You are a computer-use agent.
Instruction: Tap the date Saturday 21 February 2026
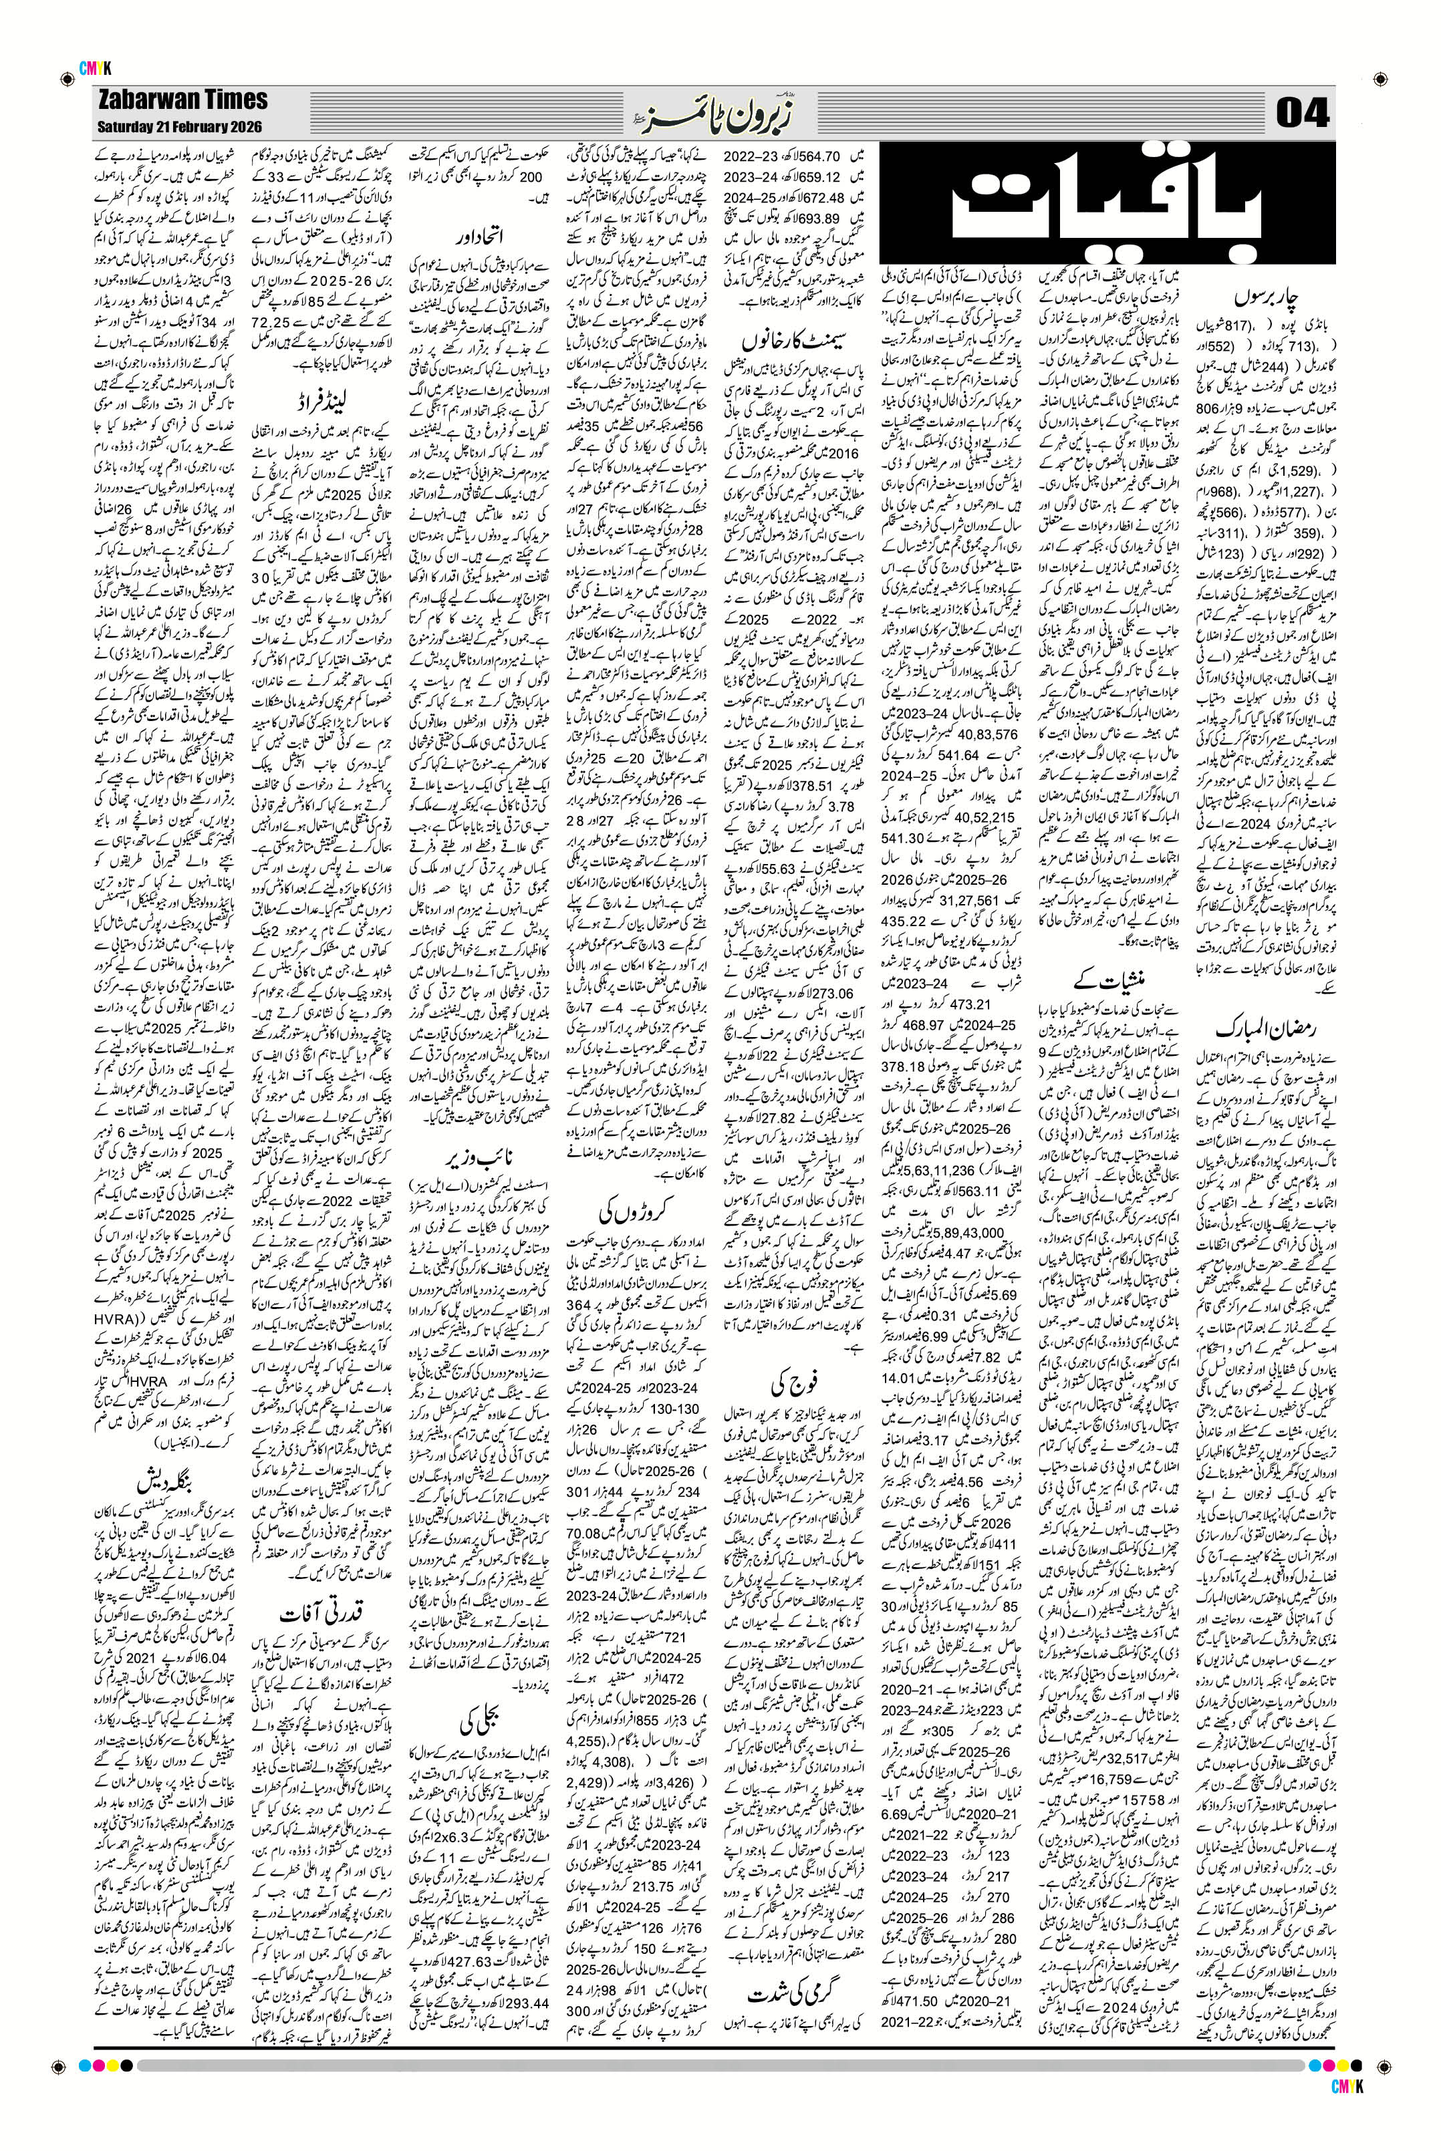(x=181, y=127)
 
